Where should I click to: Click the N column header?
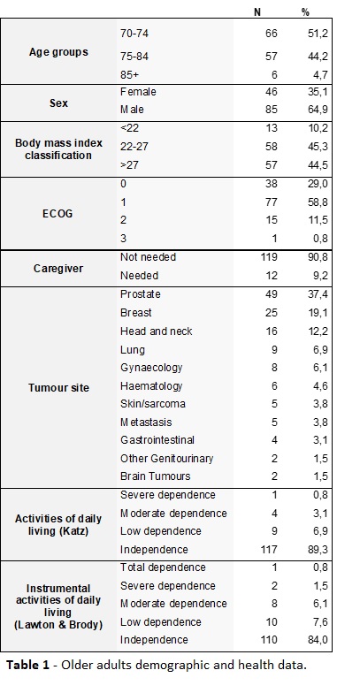[x=257, y=12]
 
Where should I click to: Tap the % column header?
[x=306, y=12]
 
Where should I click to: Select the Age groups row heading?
[x=58, y=52]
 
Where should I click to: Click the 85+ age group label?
[x=129, y=74]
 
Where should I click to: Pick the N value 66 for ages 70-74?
[x=272, y=34]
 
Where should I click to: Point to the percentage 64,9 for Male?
[x=318, y=110]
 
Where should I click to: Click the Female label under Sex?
[x=138, y=92]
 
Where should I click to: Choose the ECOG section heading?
[x=58, y=214]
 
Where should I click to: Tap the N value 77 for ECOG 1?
[x=272, y=202]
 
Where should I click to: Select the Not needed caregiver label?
[x=149, y=256]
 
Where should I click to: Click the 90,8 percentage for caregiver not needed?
[x=318, y=256]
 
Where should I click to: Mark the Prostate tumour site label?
[x=140, y=293]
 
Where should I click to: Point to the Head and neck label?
[x=156, y=331]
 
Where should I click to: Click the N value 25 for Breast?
[x=272, y=313]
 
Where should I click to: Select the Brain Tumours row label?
[x=156, y=476]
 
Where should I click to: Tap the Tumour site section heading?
[x=58, y=387]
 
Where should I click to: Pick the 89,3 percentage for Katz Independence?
[x=318, y=550]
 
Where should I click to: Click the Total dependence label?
[x=163, y=567]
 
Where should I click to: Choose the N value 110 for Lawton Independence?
[x=269, y=640]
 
